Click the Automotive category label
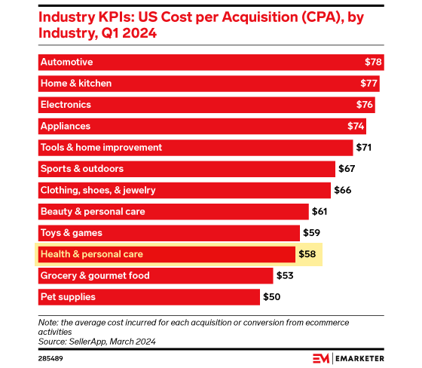pos(66,62)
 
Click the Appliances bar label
pos(65,126)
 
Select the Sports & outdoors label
pos(81,169)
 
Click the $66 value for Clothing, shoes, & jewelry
pos(343,190)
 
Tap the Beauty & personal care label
pos(92,212)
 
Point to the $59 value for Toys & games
pos(312,233)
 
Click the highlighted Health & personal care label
pos(91,255)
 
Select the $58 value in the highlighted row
pos(307,255)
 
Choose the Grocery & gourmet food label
pos(95,276)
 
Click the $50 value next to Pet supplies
pos(272,297)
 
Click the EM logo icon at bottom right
pos(322,357)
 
